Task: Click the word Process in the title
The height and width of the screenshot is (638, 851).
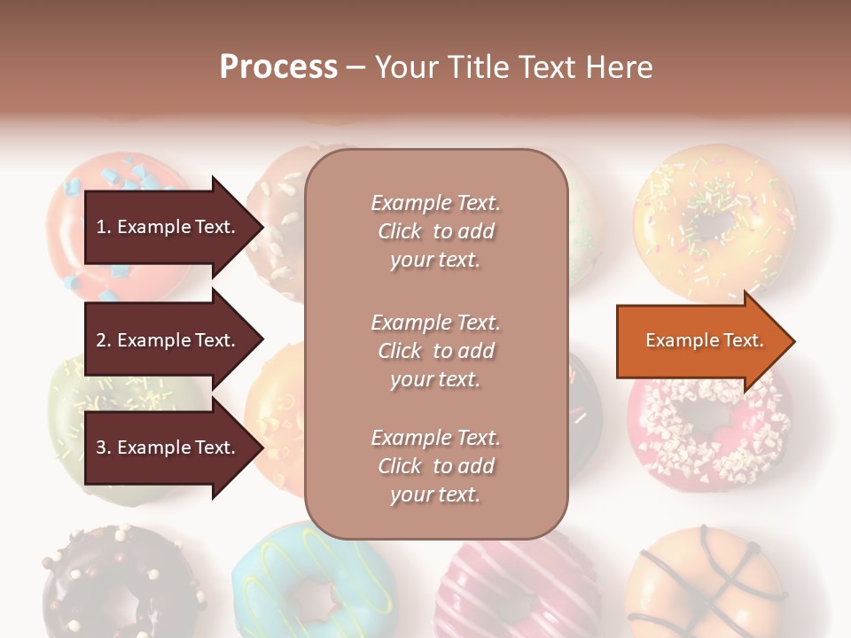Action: (278, 67)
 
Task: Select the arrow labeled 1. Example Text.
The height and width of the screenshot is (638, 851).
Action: (168, 227)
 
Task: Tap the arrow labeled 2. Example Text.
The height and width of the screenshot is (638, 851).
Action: (168, 340)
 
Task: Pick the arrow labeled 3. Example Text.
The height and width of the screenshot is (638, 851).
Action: (168, 447)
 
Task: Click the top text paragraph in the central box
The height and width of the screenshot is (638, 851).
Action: (435, 231)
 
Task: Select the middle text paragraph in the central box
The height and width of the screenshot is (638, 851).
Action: (435, 351)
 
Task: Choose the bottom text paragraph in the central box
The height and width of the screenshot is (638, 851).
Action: (435, 466)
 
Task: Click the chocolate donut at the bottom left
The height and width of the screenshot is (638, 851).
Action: (115, 585)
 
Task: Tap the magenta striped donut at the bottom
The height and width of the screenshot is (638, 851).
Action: (514, 589)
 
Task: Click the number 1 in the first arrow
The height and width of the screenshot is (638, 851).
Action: (100, 228)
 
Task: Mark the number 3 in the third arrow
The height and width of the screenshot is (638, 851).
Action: (100, 448)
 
